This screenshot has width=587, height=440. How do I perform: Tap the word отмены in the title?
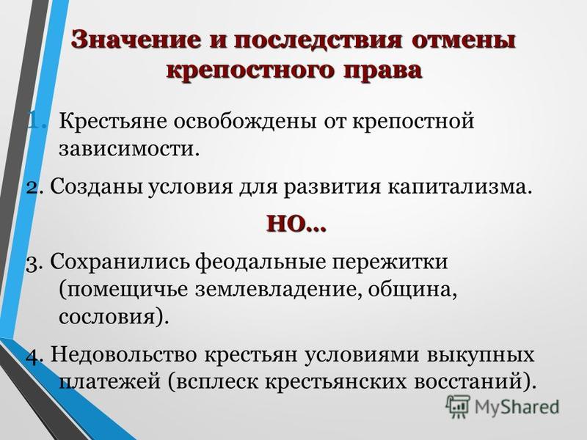point(464,40)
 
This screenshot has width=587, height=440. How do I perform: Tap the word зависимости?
point(127,150)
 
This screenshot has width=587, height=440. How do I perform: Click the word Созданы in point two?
point(96,186)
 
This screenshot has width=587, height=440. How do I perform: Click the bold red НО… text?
point(296,224)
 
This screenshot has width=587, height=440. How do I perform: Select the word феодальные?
point(260,262)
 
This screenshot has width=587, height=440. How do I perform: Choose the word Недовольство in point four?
point(123,354)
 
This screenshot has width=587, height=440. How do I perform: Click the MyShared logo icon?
point(458,407)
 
